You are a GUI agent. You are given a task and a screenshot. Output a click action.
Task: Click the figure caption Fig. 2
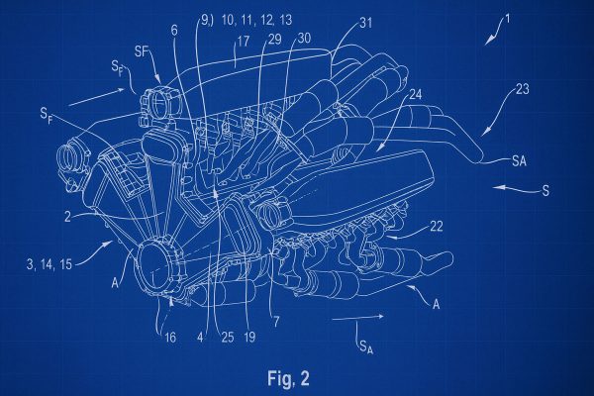pyautogui.click(x=288, y=378)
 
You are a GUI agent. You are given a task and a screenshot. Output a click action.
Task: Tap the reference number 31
pyautogui.click(x=366, y=23)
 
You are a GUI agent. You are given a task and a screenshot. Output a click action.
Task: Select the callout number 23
pyautogui.click(x=522, y=90)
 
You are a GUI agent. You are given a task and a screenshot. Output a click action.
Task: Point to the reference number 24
pyautogui.click(x=415, y=94)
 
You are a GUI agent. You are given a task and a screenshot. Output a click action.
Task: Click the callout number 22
pyautogui.click(x=436, y=227)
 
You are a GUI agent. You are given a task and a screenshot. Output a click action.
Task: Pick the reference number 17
pyautogui.click(x=243, y=42)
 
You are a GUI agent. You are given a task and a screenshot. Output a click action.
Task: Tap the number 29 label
pyautogui.click(x=274, y=39)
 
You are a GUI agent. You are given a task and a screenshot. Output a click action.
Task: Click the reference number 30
pyautogui.click(x=304, y=38)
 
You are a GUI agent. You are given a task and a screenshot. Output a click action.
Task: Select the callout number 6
pyautogui.click(x=174, y=31)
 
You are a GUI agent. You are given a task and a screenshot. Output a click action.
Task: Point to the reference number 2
pyautogui.click(x=67, y=217)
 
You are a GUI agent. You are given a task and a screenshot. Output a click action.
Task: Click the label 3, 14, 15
pyautogui.click(x=49, y=263)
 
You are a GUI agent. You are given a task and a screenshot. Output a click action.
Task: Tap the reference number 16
pyautogui.click(x=170, y=337)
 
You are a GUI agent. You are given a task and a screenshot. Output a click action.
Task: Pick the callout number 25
pyautogui.click(x=228, y=337)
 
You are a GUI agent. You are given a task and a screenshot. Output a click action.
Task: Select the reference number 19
pyautogui.click(x=249, y=337)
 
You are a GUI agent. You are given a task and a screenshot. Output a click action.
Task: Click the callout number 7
pyautogui.click(x=276, y=322)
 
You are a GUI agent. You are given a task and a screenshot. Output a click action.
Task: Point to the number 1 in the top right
pyautogui.click(x=508, y=19)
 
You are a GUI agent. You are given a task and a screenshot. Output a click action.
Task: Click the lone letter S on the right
pyautogui.click(x=545, y=190)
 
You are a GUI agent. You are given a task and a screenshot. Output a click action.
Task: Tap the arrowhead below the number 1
pyautogui.click(x=489, y=40)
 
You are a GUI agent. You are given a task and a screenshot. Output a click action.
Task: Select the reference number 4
pyautogui.click(x=200, y=337)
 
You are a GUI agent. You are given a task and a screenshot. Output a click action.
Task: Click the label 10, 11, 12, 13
pyautogui.click(x=256, y=20)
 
